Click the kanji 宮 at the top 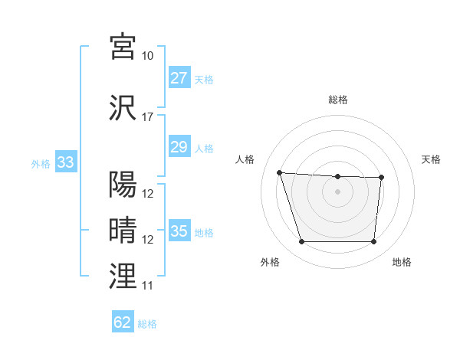click(123, 47)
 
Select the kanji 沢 click(123, 107)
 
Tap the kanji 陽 click(123, 184)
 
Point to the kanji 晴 click(123, 230)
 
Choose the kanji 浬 click(123, 276)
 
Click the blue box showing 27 click(179, 78)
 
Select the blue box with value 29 click(179, 147)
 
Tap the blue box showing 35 click(179, 231)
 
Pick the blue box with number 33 click(65, 162)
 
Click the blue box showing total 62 click(123, 322)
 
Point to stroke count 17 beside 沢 click(148, 117)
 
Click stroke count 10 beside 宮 click(148, 56)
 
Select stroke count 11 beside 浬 click(148, 286)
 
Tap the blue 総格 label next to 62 click(147, 324)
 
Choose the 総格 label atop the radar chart click(337, 100)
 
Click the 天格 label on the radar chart click(431, 159)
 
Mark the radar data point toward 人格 click(280, 173)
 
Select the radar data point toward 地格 click(373, 242)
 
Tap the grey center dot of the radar click(337, 191)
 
